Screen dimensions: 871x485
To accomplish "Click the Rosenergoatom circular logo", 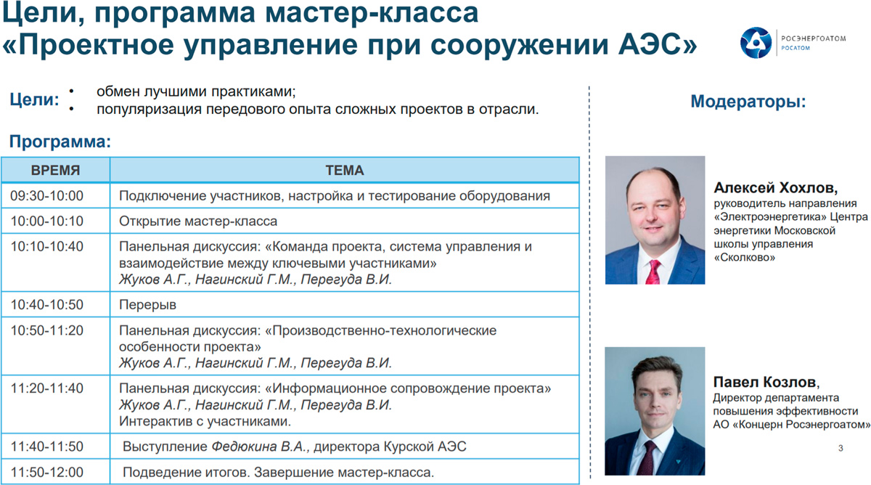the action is click(756, 43).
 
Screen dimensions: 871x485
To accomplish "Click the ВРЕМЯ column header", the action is click(56, 171).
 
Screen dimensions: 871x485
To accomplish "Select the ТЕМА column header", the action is click(345, 171).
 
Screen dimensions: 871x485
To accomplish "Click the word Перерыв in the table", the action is click(147, 305).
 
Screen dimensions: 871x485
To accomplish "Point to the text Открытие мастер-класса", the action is click(198, 221).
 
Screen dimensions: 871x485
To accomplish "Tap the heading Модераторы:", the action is click(748, 102).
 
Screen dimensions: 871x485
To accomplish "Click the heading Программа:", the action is click(60, 142).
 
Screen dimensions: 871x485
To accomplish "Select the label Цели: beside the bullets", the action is click(34, 99).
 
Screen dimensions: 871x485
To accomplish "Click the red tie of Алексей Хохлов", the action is click(654, 272).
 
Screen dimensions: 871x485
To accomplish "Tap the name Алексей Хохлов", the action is click(775, 188).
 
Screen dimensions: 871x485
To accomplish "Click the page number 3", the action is click(841, 448).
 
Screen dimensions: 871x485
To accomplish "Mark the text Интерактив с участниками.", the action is click(205, 421).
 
